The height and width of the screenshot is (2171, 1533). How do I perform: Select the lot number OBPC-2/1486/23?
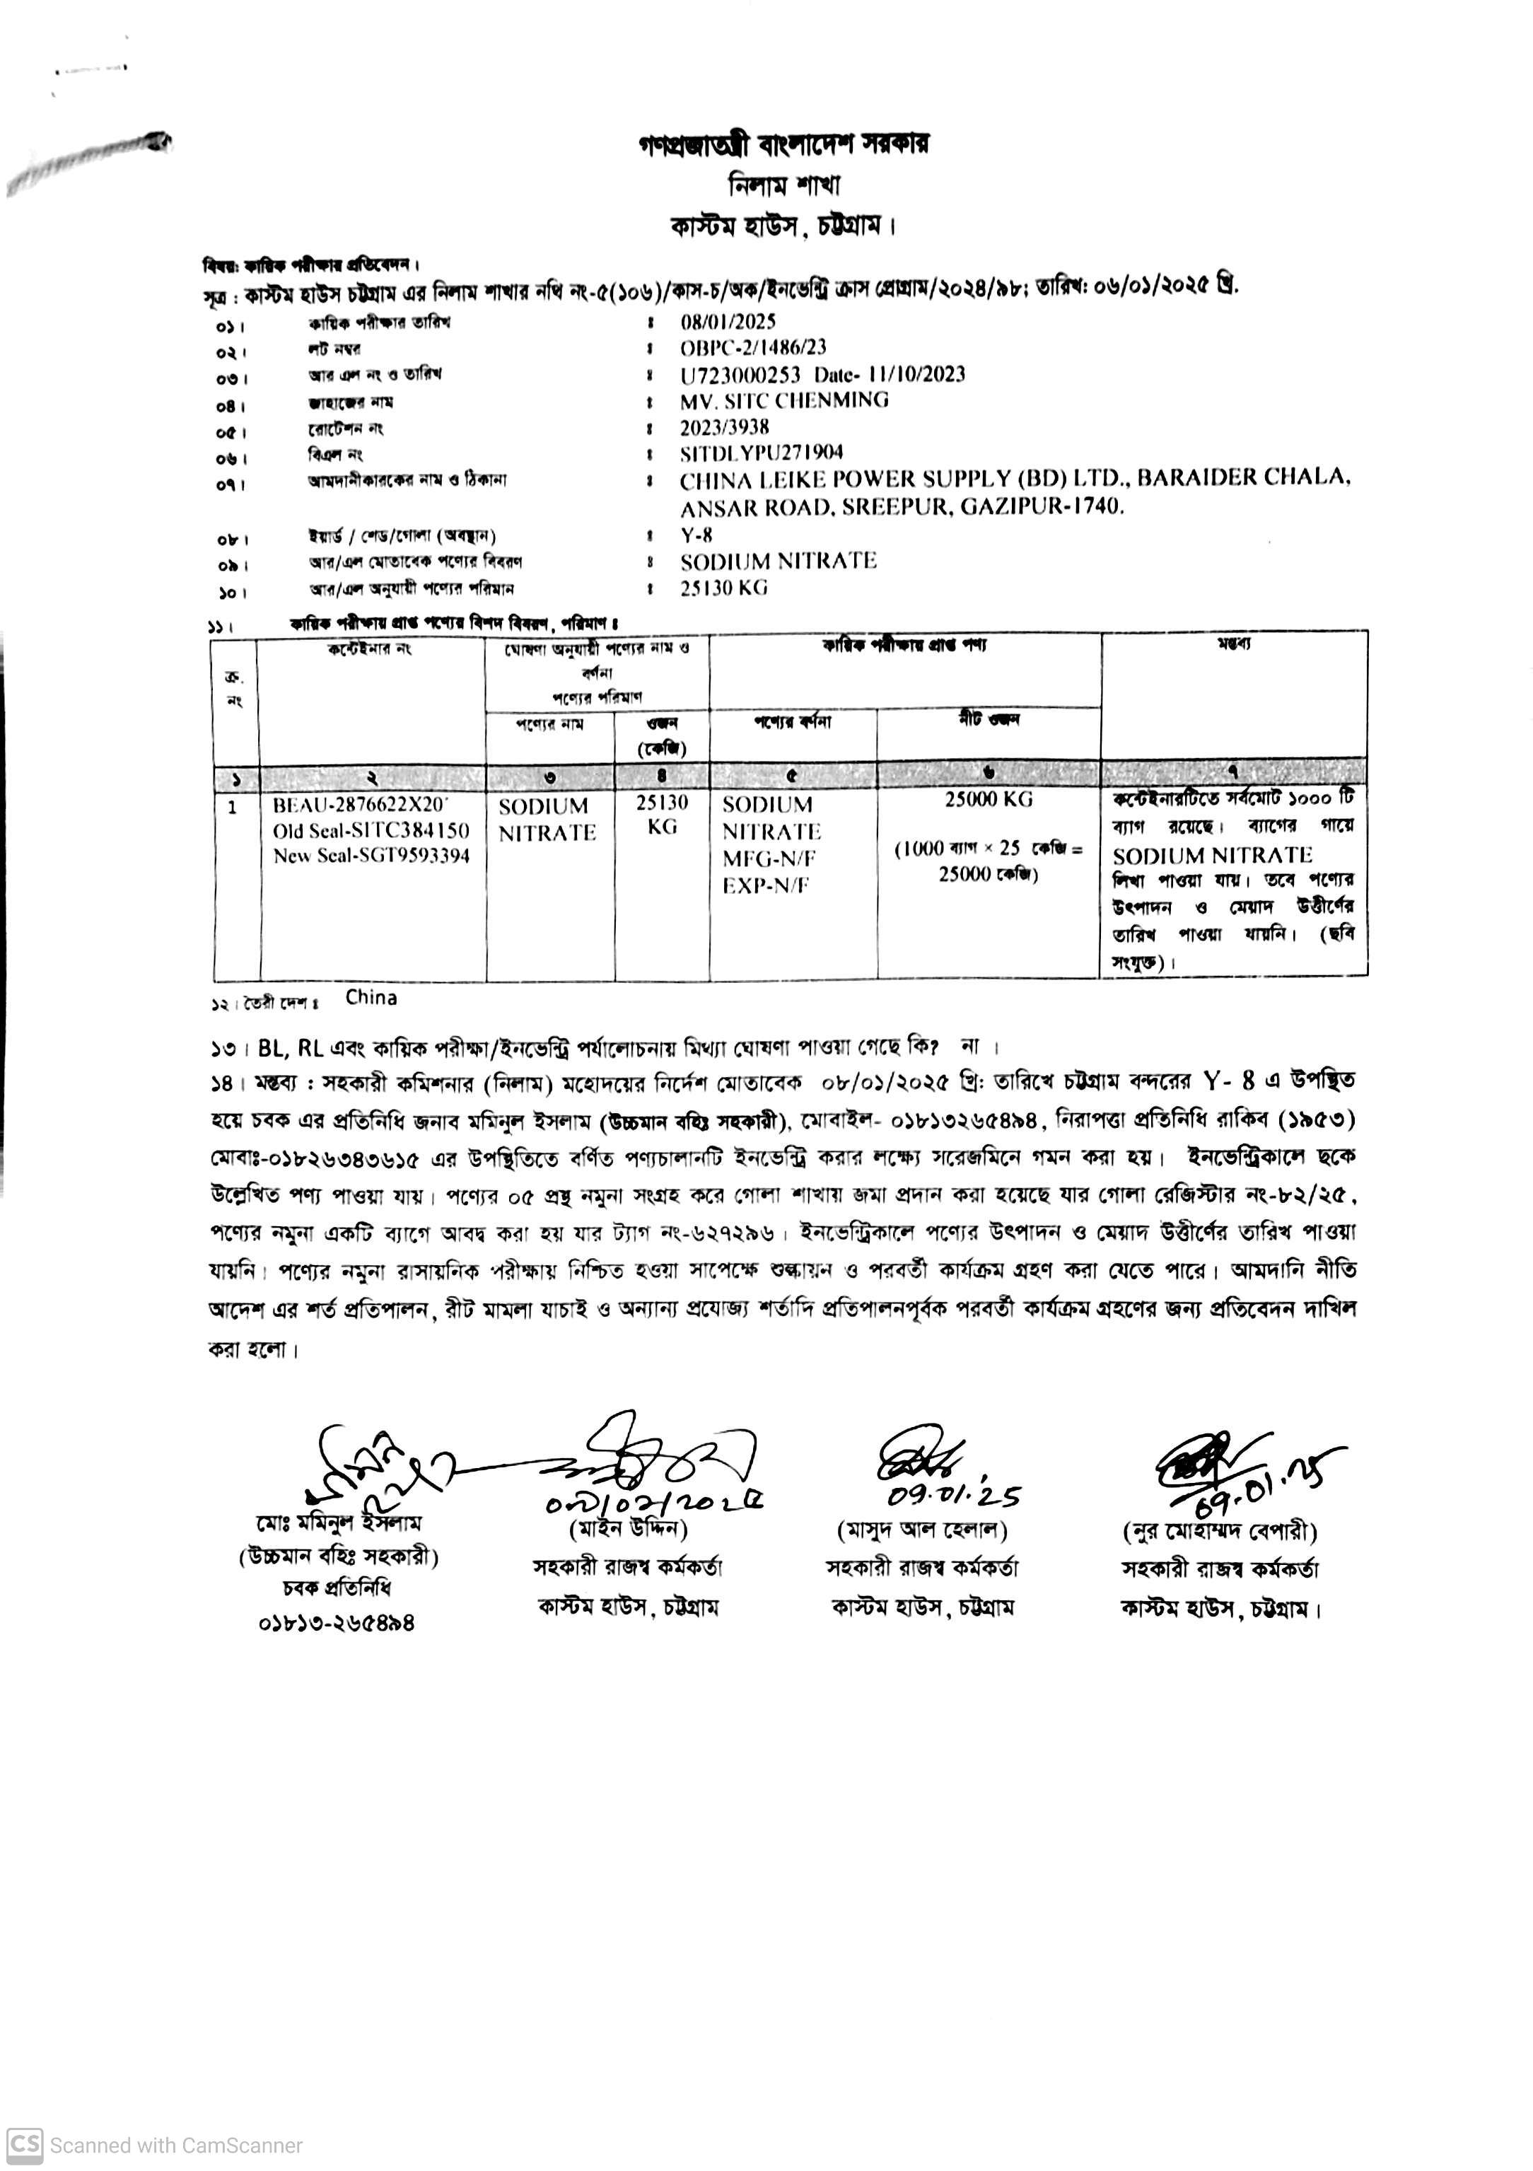pyautogui.click(x=753, y=347)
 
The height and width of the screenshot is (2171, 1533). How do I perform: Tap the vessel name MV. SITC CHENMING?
pyautogui.click(x=784, y=400)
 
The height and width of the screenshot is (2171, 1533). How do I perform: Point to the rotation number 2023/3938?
pyautogui.click(x=724, y=426)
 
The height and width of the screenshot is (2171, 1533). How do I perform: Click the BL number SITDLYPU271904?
pyautogui.click(x=762, y=453)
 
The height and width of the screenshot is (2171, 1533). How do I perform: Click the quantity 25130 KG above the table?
pyautogui.click(x=723, y=588)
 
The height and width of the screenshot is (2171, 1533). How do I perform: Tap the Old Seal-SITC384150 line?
pyautogui.click(x=371, y=831)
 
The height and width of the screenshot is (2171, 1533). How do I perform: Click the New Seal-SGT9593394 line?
pyautogui.click(x=371, y=856)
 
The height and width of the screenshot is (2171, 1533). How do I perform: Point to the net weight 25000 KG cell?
pyautogui.click(x=989, y=800)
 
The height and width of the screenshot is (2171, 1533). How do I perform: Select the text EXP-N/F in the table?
pyautogui.click(x=765, y=886)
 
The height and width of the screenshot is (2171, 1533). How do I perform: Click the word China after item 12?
pyautogui.click(x=371, y=998)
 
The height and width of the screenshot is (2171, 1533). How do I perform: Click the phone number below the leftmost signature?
pyautogui.click(x=336, y=1624)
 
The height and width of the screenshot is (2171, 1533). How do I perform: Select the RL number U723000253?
pyautogui.click(x=740, y=374)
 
